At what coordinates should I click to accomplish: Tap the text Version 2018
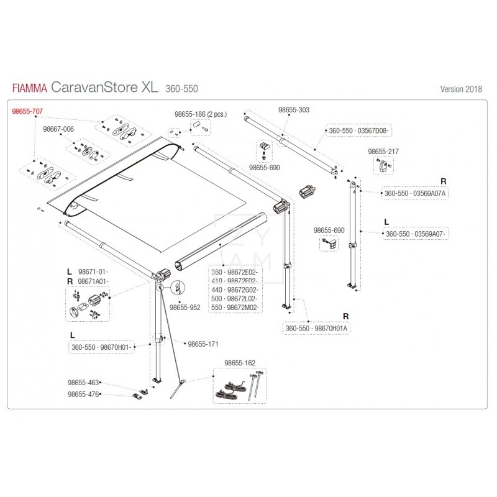click(460, 88)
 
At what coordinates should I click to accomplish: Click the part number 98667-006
click(58, 129)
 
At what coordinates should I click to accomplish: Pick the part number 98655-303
click(294, 109)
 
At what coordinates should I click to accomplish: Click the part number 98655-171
click(203, 343)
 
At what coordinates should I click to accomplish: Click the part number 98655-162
click(240, 362)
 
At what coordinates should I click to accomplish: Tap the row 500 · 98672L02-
click(236, 299)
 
